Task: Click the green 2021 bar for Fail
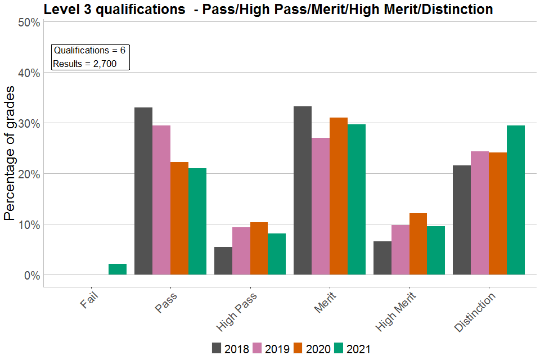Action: tap(118, 269)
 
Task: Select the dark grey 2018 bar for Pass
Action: tap(143, 191)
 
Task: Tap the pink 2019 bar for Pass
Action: tap(161, 200)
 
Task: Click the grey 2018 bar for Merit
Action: tap(303, 191)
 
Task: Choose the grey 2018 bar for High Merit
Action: tap(382, 258)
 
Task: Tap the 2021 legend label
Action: tap(359, 349)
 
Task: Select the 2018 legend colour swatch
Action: tap(217, 348)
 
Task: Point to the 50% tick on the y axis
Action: tap(28, 22)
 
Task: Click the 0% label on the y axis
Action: tap(31, 275)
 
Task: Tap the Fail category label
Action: tap(91, 300)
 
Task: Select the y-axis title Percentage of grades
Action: tap(10, 154)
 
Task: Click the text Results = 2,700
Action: tap(85, 64)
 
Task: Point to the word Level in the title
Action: tap(61, 10)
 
